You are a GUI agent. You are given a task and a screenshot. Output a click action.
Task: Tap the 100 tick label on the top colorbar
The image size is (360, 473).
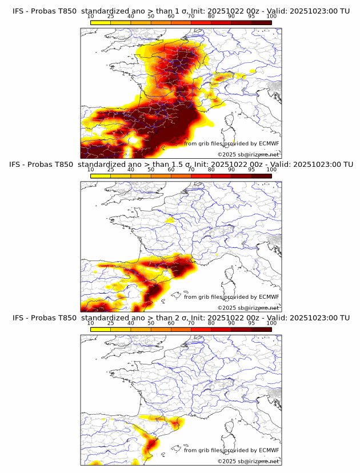271,16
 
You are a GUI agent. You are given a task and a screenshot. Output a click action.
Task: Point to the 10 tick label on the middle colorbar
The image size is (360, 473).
91,169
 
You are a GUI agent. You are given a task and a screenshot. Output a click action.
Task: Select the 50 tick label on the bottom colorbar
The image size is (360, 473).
151,322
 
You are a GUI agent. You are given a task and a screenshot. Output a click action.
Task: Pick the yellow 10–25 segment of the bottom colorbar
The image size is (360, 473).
101,328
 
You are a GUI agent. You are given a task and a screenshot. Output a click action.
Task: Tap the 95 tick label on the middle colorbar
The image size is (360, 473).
251,169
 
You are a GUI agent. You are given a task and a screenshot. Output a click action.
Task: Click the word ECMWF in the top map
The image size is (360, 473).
269,143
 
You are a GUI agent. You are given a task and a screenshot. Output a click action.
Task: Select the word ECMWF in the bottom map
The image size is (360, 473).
269,450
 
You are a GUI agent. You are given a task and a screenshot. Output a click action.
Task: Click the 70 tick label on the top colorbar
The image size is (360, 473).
191,16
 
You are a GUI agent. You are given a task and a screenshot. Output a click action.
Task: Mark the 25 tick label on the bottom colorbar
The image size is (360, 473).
111,322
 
